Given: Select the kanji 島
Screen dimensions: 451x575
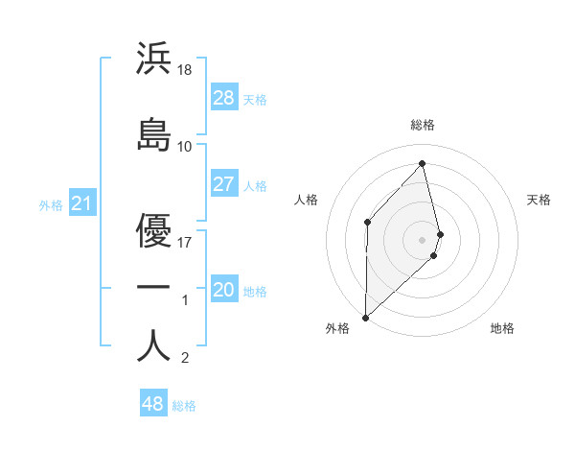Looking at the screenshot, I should coord(153,134).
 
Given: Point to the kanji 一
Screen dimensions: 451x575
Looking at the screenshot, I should coord(153,287).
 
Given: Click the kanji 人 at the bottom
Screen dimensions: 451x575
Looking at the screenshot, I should coord(153,345).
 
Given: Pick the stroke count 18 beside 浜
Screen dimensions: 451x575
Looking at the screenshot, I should coord(186,69).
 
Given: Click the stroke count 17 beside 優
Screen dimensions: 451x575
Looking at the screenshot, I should coord(186,242).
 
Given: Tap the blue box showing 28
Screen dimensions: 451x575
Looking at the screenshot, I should coord(224,98).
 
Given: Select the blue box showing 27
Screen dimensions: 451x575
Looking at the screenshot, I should coord(224,184).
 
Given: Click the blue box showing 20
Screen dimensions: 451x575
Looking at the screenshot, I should coord(224,290).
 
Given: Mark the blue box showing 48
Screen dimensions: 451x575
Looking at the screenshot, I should coord(153,404).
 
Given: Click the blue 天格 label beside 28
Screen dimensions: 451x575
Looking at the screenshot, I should coord(255,100).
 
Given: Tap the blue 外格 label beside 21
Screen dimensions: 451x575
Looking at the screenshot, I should coord(51,205).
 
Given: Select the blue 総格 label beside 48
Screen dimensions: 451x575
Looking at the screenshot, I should coord(184,406).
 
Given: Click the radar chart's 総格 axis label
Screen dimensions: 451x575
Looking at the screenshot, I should coord(423,125).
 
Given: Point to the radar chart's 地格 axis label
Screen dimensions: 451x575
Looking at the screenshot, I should coord(502,328).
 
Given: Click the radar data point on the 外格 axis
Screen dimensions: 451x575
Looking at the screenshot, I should coord(365,317).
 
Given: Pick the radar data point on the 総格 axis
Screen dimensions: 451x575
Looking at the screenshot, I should coord(423,163).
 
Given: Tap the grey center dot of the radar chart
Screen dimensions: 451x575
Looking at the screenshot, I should coord(423,238).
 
